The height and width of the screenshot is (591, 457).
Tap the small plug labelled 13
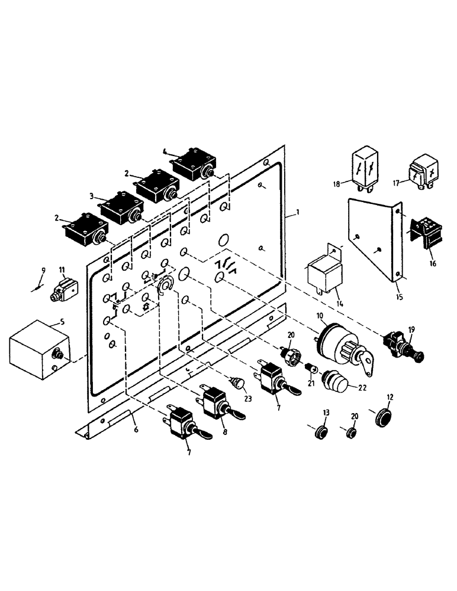pos(320,431)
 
